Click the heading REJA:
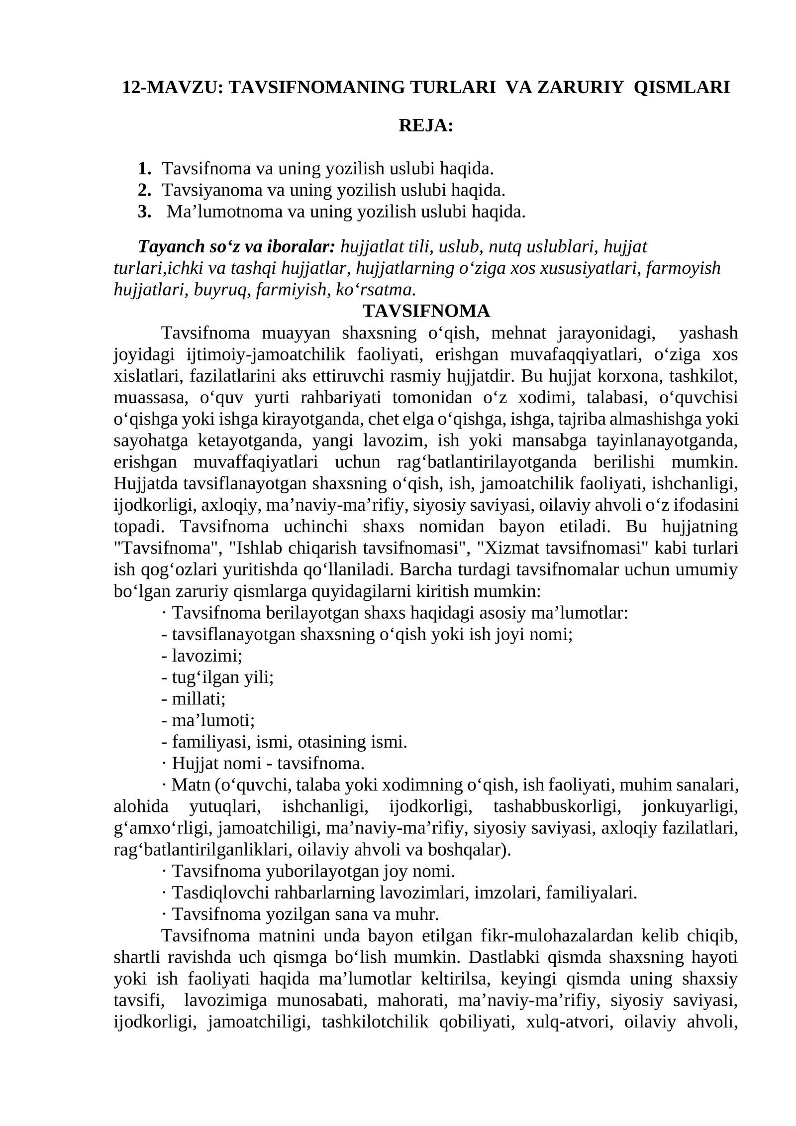426,126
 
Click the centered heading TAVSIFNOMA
426,311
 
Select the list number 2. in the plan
144,190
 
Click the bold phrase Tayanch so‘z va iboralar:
237,246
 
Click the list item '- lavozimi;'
201,656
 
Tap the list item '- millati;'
194,699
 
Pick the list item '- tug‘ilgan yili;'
217,677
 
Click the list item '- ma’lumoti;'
208,720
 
